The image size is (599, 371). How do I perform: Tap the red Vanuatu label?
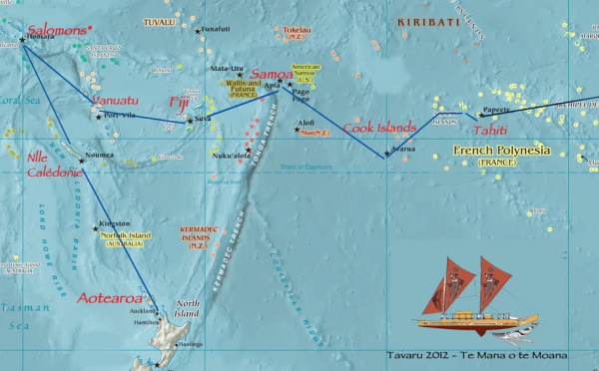(x=113, y=102)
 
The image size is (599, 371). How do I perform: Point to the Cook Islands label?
(x=379, y=128)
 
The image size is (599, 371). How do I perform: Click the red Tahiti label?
(x=489, y=130)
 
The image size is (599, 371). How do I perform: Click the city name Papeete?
(x=496, y=109)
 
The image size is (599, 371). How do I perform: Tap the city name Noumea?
(x=101, y=155)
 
